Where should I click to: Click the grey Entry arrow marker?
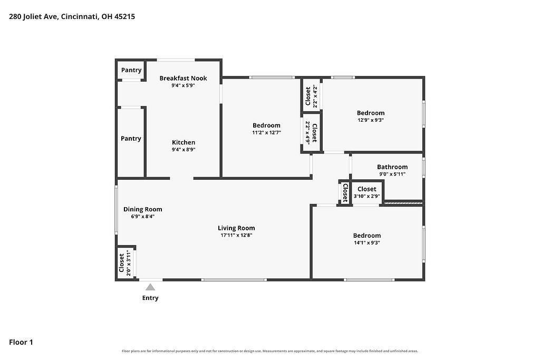point(150,287)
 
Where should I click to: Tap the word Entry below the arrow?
point(150,298)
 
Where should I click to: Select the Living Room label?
point(236,228)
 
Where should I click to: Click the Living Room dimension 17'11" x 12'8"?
point(236,236)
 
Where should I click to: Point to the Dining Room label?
point(142,209)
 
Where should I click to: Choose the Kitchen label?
point(184,142)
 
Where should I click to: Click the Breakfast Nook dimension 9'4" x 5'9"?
point(183,85)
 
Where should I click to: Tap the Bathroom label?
point(392,167)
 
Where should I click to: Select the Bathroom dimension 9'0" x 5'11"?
point(392,174)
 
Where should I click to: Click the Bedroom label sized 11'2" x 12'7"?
point(266,125)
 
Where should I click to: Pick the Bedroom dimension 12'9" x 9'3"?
point(371,120)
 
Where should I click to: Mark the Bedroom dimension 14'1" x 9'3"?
point(367,242)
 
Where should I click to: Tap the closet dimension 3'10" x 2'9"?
point(367,196)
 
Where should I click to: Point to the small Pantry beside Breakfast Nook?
point(131,70)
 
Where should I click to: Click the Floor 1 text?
point(21,342)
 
